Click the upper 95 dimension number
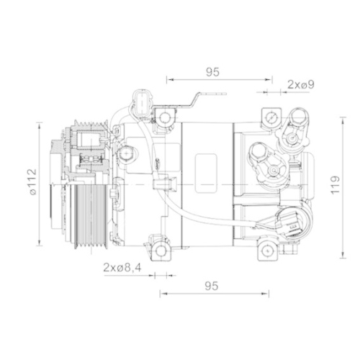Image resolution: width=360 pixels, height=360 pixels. pos(212,71)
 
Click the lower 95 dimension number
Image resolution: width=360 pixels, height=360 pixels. pos(210,286)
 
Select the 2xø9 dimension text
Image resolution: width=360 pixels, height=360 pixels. pos(300,85)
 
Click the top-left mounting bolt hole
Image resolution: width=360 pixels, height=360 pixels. pos(165,116)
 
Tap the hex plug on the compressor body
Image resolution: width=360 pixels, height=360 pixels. pos(127,153)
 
